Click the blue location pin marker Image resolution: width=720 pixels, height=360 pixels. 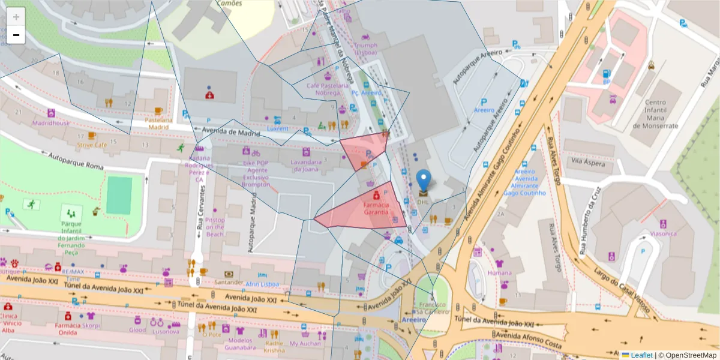(x=424, y=179)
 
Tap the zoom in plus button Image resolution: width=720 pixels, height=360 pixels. (x=16, y=17)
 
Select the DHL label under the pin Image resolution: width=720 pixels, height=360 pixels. (x=424, y=202)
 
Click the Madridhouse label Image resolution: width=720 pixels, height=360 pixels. (x=51, y=123)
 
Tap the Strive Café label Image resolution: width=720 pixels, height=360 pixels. (x=92, y=145)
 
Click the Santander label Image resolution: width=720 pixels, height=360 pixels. (x=229, y=282)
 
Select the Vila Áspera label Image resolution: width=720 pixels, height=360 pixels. (x=587, y=162)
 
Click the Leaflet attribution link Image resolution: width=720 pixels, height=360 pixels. (x=641, y=355)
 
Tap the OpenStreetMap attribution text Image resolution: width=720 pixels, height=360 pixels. (x=688, y=355)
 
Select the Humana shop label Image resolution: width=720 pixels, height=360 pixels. (x=499, y=272)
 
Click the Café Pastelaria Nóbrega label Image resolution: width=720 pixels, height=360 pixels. (x=327, y=89)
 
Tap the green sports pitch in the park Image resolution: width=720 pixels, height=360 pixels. (x=119, y=196)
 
